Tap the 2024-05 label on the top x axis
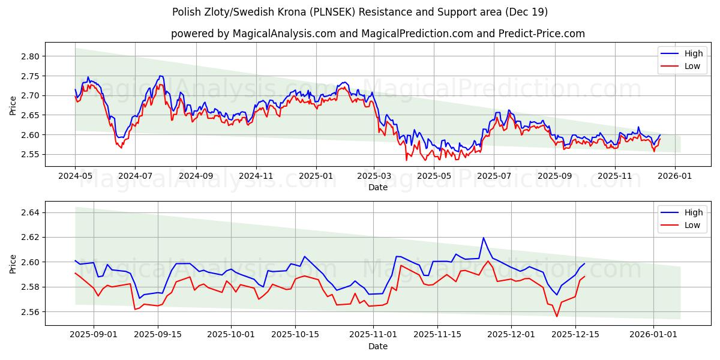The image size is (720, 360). click(75, 176)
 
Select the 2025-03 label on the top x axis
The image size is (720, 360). click(374, 176)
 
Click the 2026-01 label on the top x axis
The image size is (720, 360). click(675, 176)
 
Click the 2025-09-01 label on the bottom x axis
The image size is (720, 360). click(94, 335)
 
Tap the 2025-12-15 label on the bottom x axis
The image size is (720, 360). click(575, 335)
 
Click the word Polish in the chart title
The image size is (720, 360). click(186, 12)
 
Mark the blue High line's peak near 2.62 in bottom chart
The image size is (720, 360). click(484, 238)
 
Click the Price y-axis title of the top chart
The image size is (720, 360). click(13, 105)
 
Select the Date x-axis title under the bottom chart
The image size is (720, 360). click(378, 346)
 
